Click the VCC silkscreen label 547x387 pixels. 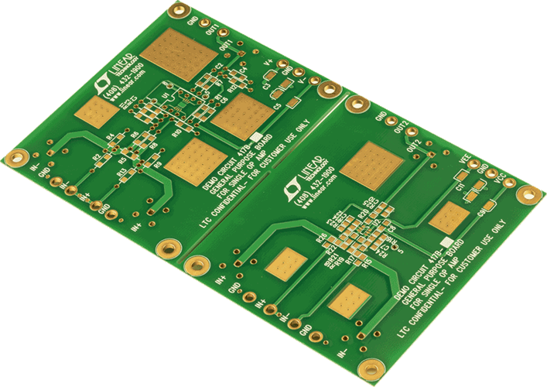(x=501, y=179)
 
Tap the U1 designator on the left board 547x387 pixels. (x=165, y=96)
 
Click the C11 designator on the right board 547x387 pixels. (x=459, y=186)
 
